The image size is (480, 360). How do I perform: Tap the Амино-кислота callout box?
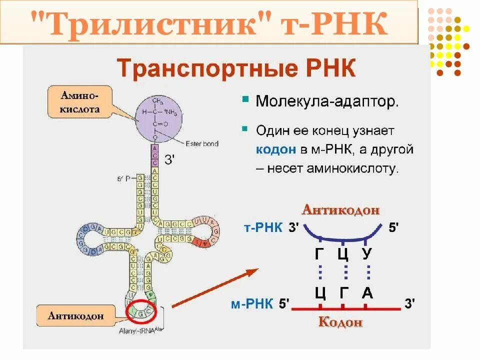click(80, 102)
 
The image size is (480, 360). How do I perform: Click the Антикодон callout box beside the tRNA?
click(76, 315)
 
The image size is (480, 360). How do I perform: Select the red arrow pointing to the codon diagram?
click(215, 287)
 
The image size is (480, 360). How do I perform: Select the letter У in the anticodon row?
click(367, 253)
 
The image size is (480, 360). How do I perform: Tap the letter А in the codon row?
click(367, 292)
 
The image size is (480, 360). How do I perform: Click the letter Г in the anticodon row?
click(320, 253)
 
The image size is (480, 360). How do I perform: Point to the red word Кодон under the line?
click(340, 322)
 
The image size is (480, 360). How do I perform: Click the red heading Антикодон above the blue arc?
click(340, 210)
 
